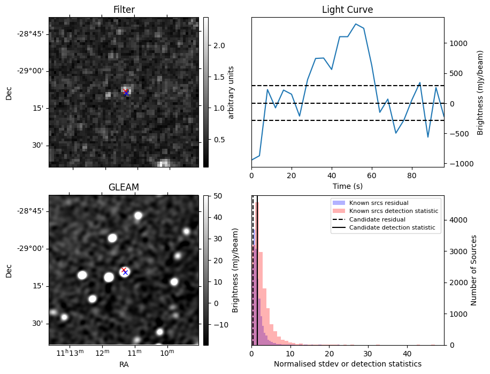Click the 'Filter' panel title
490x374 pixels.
pos(124,10)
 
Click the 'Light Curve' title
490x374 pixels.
pos(347,10)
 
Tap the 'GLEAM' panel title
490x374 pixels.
pos(124,187)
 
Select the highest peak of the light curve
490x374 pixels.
pos(356,24)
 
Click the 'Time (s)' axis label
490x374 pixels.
pos(347,185)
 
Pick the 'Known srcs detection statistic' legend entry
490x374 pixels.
pos(393,211)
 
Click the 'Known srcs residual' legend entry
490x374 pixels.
pos(379,203)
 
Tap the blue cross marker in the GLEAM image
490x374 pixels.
pos(125,272)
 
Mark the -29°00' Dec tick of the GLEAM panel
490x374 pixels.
pos(30,248)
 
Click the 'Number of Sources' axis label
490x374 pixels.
pos(474,270)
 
